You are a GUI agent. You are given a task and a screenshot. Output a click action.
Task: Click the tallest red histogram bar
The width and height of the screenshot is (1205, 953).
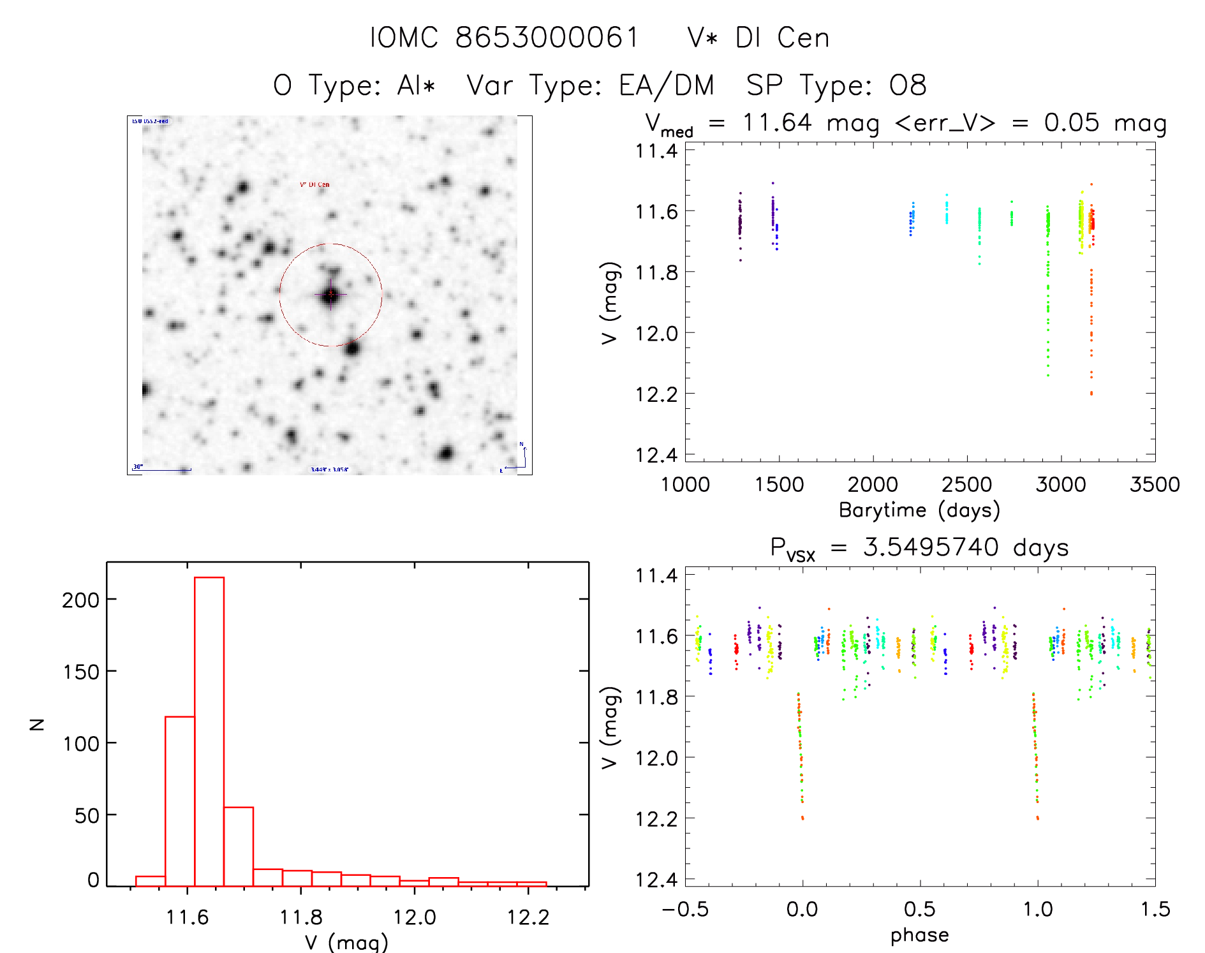[x=209, y=730]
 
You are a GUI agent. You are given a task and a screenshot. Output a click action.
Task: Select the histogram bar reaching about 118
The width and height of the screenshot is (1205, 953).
[x=180, y=801]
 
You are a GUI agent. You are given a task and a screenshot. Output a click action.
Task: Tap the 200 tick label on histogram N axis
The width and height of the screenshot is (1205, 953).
[x=80, y=600]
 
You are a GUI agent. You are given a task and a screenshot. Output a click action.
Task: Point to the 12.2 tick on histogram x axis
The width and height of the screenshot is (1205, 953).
[x=528, y=917]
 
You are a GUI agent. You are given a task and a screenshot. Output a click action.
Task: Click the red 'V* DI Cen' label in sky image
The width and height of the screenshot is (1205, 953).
[x=314, y=184]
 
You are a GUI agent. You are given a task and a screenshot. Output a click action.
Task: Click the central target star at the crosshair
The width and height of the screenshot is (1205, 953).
[x=330, y=295]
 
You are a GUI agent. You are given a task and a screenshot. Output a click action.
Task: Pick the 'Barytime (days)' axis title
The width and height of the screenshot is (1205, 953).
[x=919, y=510]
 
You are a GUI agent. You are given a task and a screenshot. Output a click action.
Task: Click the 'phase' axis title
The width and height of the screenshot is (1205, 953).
[x=919, y=935]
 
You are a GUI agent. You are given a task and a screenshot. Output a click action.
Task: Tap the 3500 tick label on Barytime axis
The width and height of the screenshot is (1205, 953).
[x=1155, y=485]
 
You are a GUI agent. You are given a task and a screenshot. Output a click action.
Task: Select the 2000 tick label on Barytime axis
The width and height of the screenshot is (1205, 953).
[x=873, y=485]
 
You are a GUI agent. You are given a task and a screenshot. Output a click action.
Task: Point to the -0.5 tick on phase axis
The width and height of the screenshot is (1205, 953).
[x=685, y=910]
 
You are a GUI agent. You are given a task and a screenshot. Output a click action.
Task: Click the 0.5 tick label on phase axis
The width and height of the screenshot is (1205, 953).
[x=920, y=910]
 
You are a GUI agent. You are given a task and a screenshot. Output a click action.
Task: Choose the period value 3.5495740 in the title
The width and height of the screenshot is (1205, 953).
[x=931, y=547]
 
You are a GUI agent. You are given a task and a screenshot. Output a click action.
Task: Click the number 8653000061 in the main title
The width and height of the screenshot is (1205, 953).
[x=547, y=38]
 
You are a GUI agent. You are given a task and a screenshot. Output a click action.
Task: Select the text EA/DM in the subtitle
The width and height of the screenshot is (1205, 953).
[x=667, y=85]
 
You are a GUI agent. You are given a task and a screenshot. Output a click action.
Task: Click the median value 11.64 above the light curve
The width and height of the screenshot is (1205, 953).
[x=777, y=122]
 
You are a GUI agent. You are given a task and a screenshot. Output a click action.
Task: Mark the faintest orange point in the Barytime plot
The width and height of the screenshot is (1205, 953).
[x=1091, y=394]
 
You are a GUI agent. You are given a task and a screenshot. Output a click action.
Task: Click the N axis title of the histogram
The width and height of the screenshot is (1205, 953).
[x=37, y=724]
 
